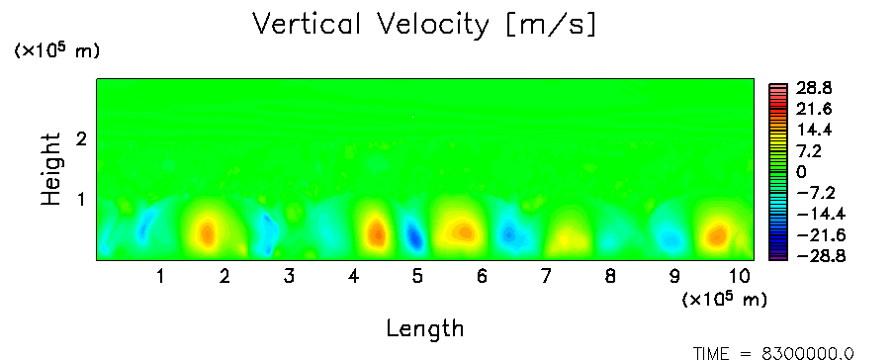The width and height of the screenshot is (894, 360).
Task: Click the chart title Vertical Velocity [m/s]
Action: (424, 25)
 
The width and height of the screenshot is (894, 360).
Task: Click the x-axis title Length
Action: (425, 329)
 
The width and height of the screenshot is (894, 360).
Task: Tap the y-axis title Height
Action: (51, 169)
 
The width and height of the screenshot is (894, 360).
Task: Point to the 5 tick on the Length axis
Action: (417, 277)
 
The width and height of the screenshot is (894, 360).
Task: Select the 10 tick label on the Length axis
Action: (740, 277)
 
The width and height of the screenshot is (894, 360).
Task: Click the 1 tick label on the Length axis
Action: (161, 277)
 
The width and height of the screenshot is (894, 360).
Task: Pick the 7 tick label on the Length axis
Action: (546, 277)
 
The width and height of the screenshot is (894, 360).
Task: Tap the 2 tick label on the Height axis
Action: (81, 138)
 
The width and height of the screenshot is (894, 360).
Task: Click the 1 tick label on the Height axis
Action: (81, 200)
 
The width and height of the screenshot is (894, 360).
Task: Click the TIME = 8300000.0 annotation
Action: (773, 354)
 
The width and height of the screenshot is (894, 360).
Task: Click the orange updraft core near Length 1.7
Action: (207, 232)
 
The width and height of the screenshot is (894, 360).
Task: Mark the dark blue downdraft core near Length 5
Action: (414, 235)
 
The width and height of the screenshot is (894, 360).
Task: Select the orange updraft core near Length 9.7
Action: (717, 234)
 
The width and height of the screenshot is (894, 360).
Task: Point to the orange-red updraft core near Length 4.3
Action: (376, 232)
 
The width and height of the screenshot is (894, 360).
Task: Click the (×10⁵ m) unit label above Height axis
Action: (56, 50)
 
